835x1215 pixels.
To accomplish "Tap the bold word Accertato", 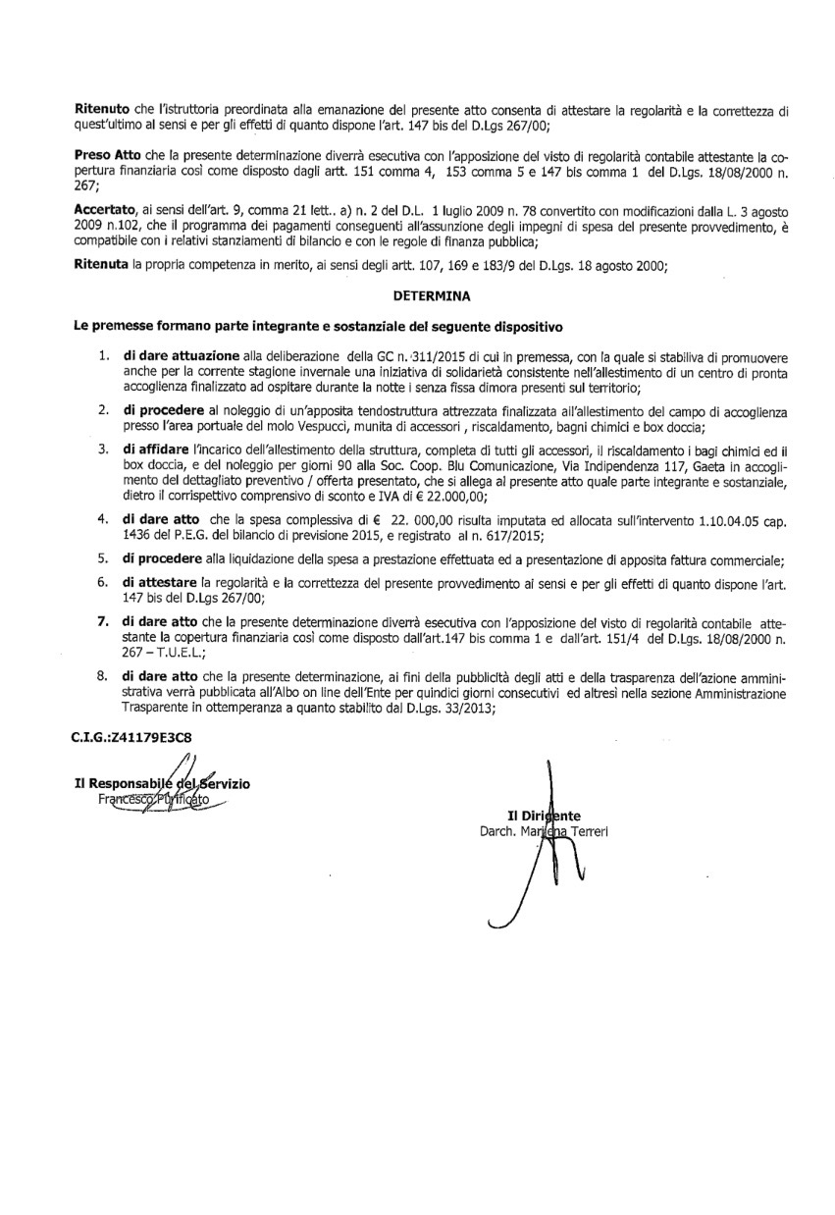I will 108,211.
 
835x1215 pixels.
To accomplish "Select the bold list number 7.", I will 103,621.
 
